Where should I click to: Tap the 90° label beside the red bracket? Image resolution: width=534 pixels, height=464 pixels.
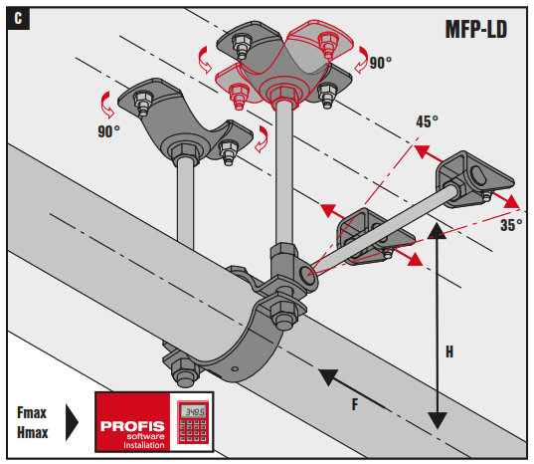(x=381, y=62)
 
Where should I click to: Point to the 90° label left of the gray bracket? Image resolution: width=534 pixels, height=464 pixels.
(x=108, y=130)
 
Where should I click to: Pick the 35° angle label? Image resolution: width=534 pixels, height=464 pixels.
(x=510, y=225)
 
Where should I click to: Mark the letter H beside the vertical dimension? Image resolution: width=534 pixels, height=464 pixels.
(x=449, y=351)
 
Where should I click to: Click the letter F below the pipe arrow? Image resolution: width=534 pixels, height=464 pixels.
(x=356, y=405)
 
